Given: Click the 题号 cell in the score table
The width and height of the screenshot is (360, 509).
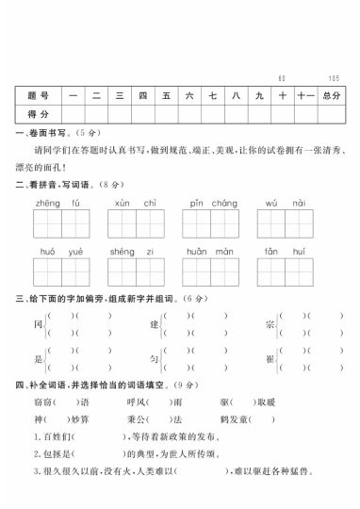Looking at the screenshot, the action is coord(38,95).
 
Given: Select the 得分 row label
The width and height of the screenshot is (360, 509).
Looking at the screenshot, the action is coord(38,112).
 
